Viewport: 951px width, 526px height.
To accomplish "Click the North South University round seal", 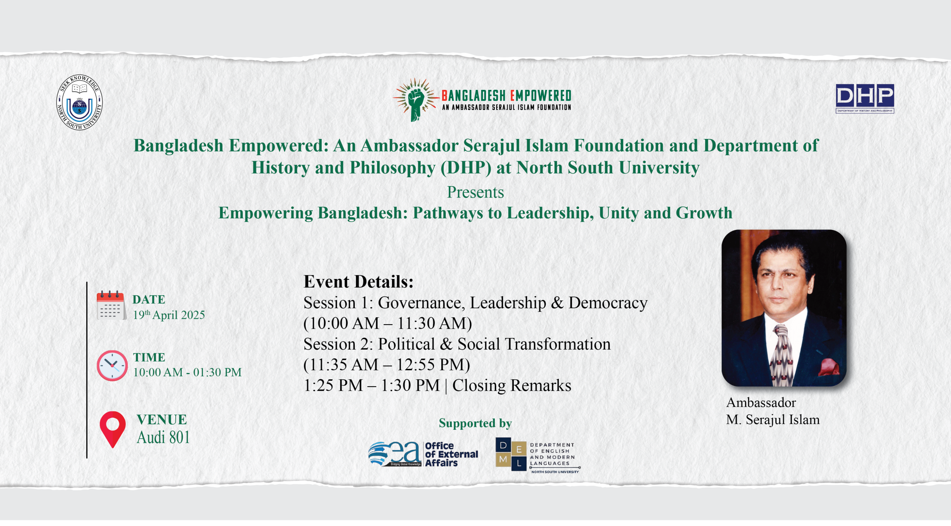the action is (79, 102).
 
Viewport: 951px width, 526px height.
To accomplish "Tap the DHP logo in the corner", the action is (864, 98).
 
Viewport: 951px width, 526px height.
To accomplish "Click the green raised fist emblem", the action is (416, 100).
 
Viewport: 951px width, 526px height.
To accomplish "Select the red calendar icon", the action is (111, 305).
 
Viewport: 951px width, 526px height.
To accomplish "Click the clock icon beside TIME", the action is (112, 366).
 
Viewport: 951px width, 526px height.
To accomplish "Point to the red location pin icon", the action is (113, 429).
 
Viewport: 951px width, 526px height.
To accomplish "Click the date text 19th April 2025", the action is (169, 315).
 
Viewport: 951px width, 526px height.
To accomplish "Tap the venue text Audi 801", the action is (163, 437).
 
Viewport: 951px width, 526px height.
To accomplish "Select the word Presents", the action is (475, 192).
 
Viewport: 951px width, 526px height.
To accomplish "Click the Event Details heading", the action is (358, 282).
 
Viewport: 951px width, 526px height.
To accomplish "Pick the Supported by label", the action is (475, 423).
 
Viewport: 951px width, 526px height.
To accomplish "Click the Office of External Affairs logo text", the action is (451, 454).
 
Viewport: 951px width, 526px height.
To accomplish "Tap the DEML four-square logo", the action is (511, 454).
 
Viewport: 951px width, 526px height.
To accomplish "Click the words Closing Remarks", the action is (512, 386).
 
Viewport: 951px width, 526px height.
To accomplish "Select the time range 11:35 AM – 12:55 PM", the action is (387, 365).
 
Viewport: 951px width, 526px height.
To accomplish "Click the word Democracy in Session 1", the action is (608, 303).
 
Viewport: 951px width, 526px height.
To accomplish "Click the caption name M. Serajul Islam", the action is (773, 420).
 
